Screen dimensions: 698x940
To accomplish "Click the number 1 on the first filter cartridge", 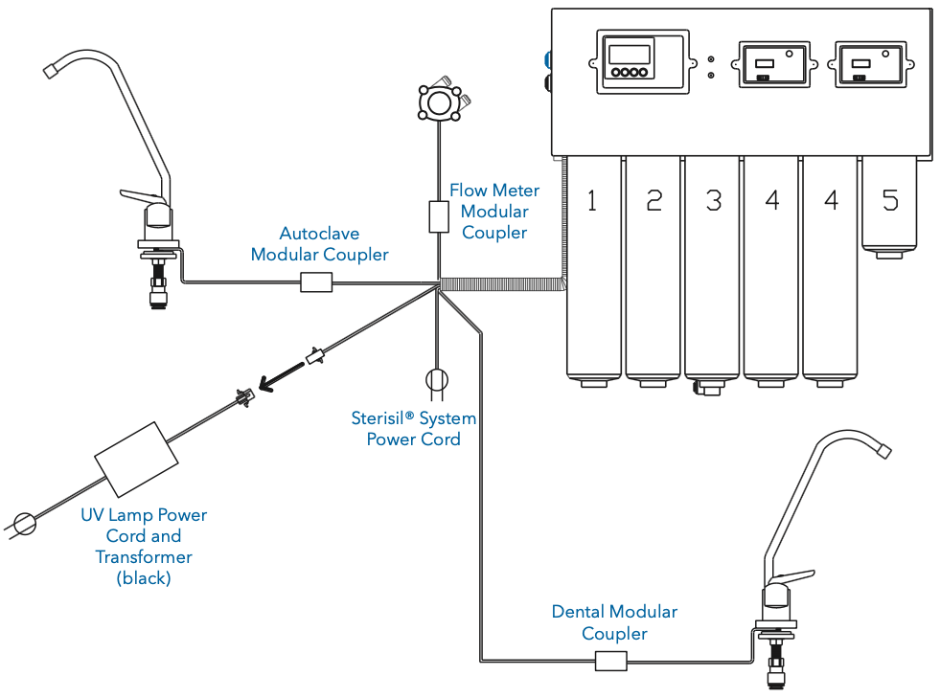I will (x=592, y=200).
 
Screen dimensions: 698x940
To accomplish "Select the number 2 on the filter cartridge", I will (x=653, y=200).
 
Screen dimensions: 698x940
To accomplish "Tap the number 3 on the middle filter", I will (x=713, y=200).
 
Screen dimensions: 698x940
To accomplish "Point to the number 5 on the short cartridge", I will (x=890, y=200).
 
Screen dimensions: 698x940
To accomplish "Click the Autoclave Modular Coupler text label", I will (x=319, y=243).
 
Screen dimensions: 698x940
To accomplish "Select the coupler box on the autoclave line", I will (x=316, y=281).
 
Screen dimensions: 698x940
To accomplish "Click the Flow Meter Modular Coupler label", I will (x=494, y=212).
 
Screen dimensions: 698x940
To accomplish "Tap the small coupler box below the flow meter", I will (x=438, y=216).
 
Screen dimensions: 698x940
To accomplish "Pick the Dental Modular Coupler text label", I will (x=614, y=622).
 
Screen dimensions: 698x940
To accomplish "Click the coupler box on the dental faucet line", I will (x=610, y=661).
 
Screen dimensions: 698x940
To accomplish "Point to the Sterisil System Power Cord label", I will (x=413, y=429).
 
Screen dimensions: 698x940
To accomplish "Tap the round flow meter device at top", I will (x=440, y=101).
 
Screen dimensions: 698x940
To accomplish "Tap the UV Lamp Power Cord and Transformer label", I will (x=144, y=547).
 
